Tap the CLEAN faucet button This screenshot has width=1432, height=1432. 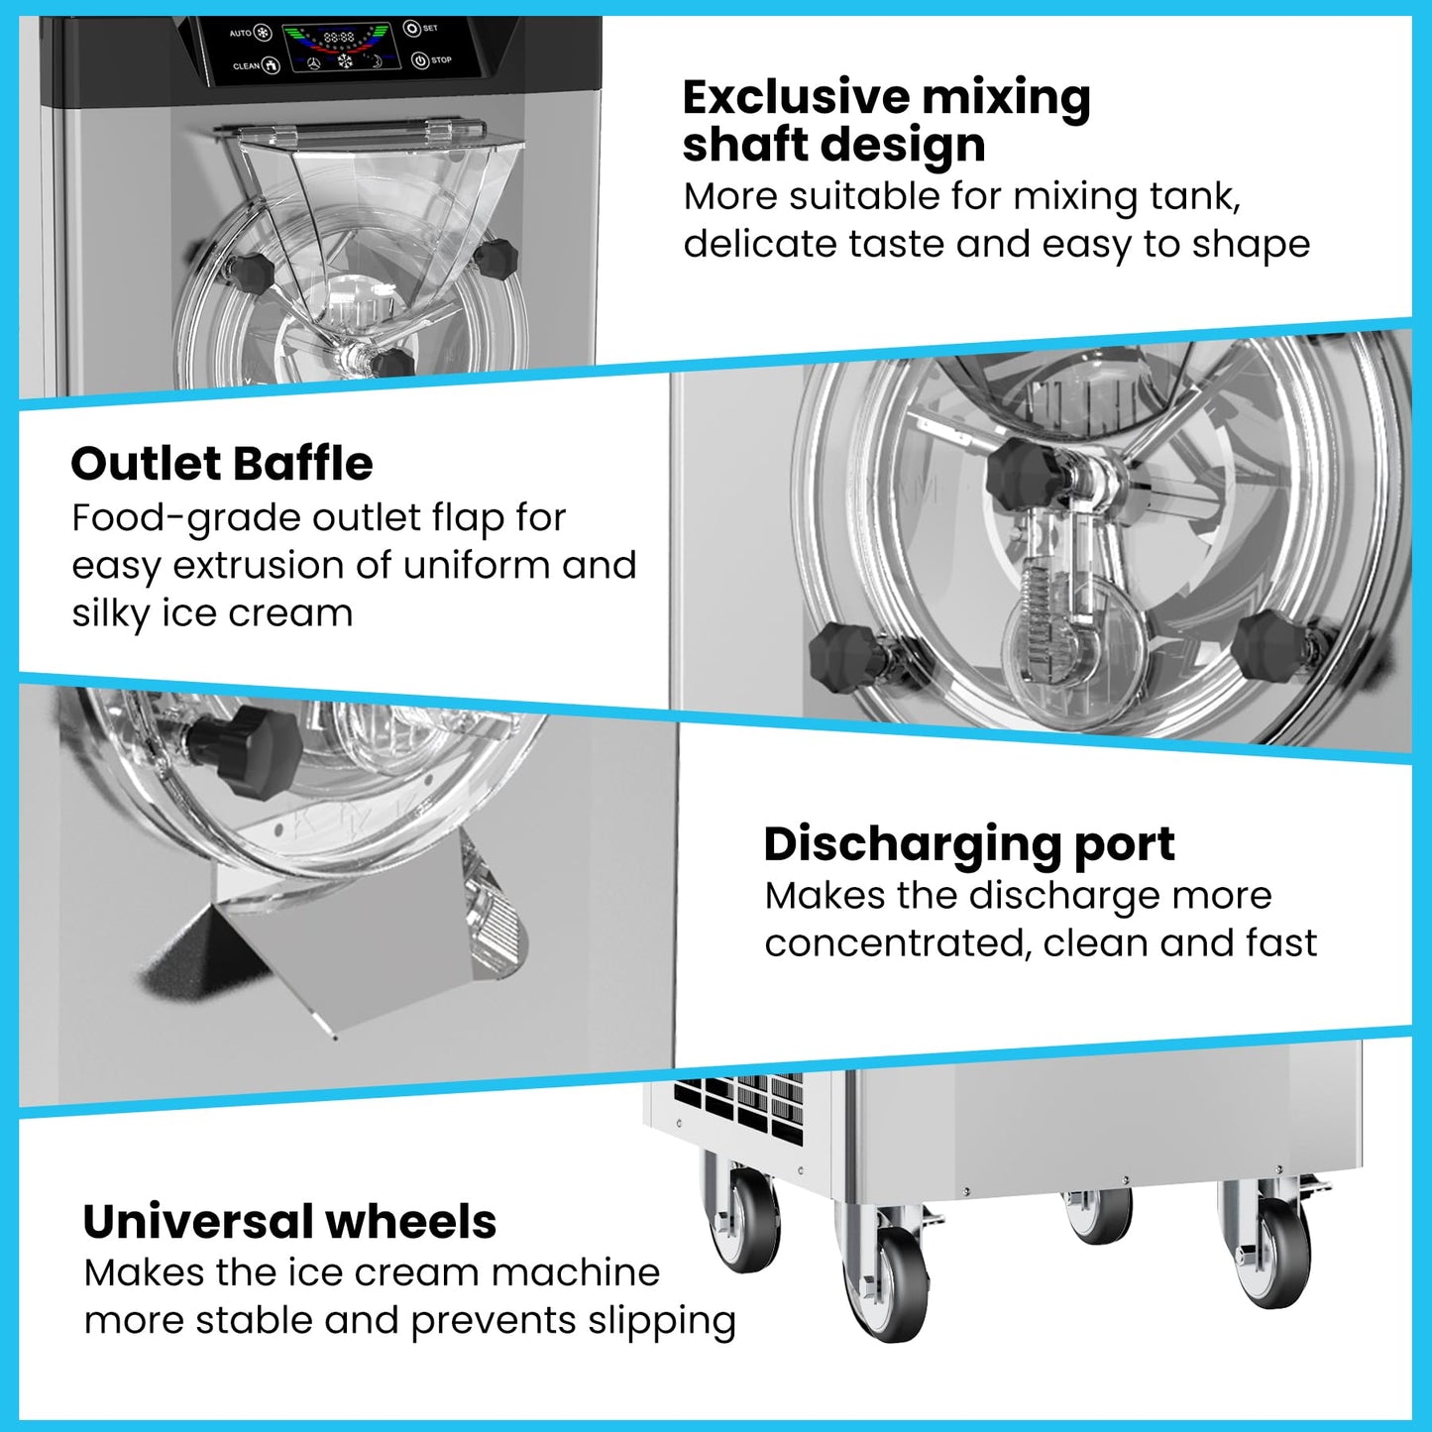tap(271, 66)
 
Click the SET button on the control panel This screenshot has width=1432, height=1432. tap(411, 28)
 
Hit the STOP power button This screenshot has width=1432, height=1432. tap(420, 60)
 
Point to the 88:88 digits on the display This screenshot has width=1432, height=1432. tap(339, 37)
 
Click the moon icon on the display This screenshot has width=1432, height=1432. tap(377, 60)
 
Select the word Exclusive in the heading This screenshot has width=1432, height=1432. tap(796, 98)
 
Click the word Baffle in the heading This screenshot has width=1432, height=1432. tap(302, 464)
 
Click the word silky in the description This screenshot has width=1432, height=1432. tap(110, 613)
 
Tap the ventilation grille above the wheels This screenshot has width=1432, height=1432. tap(738, 1108)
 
